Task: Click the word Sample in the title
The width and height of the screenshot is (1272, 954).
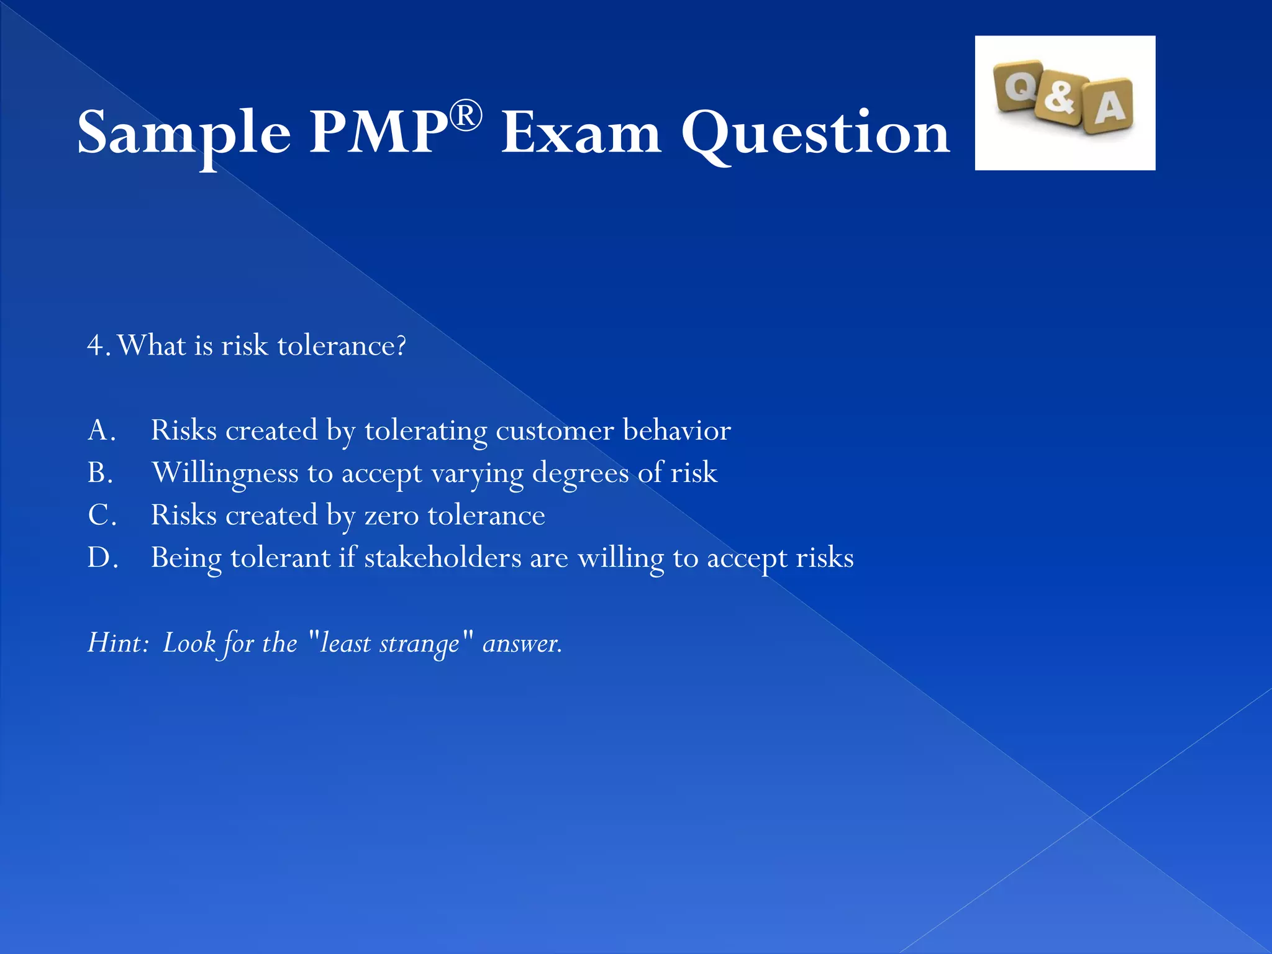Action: point(184,132)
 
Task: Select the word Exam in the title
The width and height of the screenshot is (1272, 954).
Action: point(581,132)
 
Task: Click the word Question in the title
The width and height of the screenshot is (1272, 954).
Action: point(815,132)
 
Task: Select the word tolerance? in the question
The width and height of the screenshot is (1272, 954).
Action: point(342,345)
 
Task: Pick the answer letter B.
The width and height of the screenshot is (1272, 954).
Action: point(100,473)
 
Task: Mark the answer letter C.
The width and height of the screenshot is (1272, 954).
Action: point(101,515)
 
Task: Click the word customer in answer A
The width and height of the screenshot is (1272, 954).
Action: point(555,430)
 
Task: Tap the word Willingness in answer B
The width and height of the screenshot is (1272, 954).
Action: point(225,473)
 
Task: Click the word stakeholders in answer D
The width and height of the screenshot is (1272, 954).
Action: point(443,557)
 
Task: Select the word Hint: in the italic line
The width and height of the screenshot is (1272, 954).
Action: point(118,643)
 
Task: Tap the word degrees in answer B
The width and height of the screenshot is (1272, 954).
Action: point(581,473)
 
